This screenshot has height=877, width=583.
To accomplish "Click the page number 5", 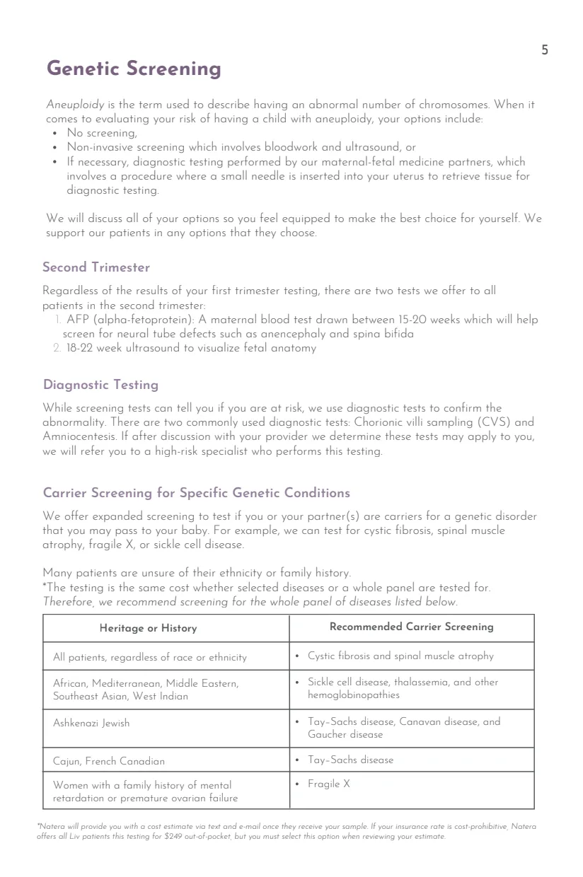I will [544, 50].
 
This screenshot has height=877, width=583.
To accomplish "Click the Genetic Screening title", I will [134, 69].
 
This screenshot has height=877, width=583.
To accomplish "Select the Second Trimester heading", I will [96, 267].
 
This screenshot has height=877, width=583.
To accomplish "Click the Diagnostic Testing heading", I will [100, 385].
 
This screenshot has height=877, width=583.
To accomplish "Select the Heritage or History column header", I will [148, 628].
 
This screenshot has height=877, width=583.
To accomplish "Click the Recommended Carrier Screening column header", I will [412, 627].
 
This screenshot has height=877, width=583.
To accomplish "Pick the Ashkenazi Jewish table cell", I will [91, 723].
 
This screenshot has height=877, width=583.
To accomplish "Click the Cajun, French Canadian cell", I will [109, 761].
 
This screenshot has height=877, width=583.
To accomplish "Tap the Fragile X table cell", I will [328, 784].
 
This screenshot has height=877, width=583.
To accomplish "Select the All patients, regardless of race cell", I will [150, 657].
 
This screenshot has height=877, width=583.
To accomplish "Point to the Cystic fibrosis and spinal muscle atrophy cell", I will [400, 656].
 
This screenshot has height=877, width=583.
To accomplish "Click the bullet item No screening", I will [102, 132].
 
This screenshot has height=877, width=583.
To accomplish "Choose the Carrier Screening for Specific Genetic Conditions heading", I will [197, 492].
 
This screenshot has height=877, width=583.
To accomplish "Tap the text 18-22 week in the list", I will [96, 348].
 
